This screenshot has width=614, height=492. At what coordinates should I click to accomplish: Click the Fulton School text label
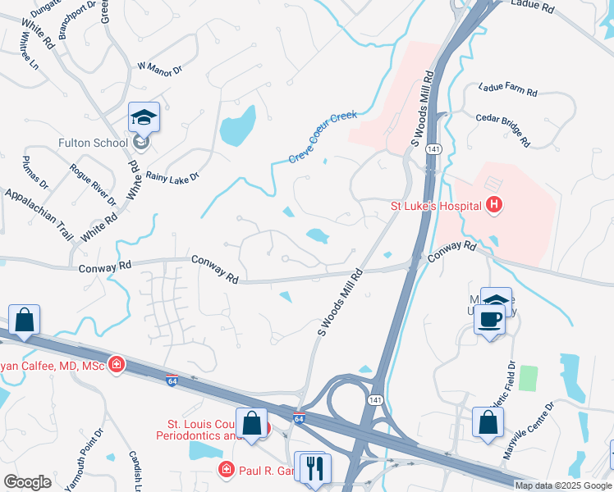click(x=92, y=143)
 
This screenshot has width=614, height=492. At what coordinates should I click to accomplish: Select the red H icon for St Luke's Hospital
click(x=493, y=205)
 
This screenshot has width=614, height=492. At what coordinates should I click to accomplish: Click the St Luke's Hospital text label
click(x=434, y=205)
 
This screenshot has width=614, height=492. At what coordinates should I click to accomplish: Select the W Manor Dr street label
click(x=159, y=70)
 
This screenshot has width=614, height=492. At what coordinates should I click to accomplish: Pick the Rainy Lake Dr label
click(x=172, y=177)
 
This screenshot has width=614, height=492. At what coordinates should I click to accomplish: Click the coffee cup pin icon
click(x=490, y=318)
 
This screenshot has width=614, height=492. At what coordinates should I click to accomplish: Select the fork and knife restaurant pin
click(x=314, y=468)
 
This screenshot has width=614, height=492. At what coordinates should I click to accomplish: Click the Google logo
click(x=27, y=482)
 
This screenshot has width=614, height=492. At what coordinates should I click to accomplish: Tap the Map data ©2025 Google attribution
click(x=562, y=485)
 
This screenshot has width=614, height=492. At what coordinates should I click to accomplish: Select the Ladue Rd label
click(x=533, y=5)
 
